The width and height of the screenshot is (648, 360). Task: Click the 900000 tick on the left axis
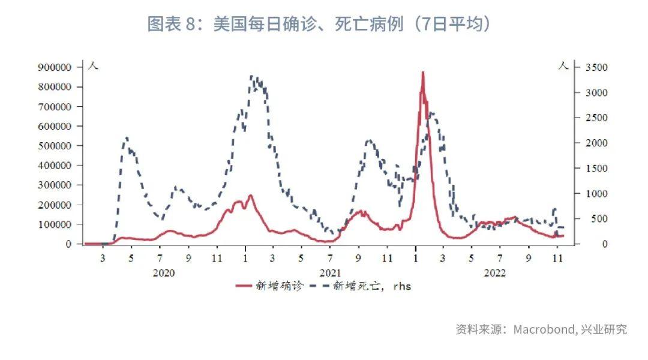[x=55, y=67]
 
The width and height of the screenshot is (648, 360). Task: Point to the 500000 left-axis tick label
[x=55, y=146]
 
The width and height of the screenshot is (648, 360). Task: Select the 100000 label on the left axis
[x=55, y=224]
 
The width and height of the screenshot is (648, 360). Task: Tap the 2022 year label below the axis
[x=494, y=272]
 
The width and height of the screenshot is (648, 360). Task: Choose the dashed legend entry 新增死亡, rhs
[x=372, y=286]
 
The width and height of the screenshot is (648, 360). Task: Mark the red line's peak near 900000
[x=423, y=73]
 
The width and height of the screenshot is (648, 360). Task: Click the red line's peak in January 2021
[x=250, y=196]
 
